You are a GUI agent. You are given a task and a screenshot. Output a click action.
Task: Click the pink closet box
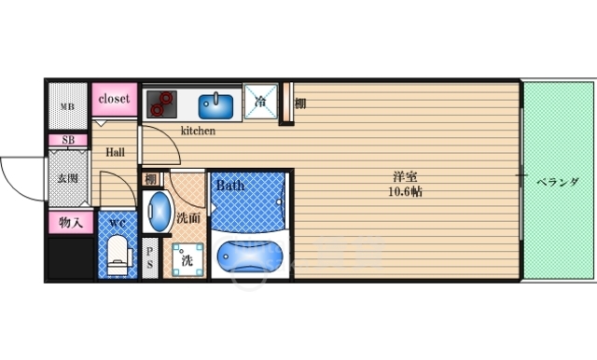pos(114,99)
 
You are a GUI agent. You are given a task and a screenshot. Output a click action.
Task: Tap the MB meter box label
pos(68,107)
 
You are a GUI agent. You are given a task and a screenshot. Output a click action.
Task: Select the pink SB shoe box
pos(68,140)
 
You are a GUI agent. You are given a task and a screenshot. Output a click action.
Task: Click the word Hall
pos(115,152)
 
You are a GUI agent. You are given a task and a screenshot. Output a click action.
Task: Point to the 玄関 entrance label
pos(68,178)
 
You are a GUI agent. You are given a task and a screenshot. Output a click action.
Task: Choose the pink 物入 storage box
pos(71,222)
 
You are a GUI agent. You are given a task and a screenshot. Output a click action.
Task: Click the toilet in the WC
pos(119,255)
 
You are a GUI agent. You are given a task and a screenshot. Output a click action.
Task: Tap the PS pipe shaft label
pos(149,257)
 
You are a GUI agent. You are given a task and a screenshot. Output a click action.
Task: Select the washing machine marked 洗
pos(187,259)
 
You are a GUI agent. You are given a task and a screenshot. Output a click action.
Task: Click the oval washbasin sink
pos(159,211)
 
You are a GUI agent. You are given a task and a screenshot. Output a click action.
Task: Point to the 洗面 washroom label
pos(188,218)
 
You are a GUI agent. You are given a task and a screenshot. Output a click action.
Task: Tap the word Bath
pos(230,186)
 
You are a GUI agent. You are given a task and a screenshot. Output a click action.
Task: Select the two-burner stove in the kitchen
pos(161,104)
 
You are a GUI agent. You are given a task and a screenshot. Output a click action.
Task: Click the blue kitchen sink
pos(215,106)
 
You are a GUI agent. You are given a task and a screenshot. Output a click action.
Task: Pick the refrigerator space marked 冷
pos(260,102)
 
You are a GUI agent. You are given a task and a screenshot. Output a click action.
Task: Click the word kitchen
pos(198,131)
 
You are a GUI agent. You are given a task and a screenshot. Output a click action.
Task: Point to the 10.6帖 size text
pos(405,191)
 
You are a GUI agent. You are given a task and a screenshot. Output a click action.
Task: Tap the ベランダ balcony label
pos(558,182)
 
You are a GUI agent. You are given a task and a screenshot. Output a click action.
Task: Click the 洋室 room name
pos(405,177)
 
